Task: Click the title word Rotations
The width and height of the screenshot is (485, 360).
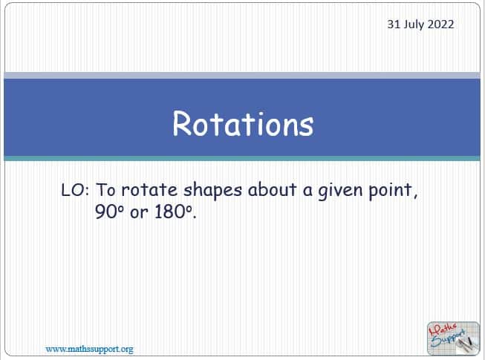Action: click(x=243, y=124)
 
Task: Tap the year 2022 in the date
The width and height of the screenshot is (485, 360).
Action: click(x=440, y=24)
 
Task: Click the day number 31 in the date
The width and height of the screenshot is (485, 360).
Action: click(x=394, y=24)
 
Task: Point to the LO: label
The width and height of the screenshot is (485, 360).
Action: click(x=76, y=190)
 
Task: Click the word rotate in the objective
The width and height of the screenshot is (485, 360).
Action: click(x=149, y=190)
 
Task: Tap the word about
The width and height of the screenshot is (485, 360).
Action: click(x=272, y=189)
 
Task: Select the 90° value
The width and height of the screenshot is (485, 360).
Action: click(x=109, y=212)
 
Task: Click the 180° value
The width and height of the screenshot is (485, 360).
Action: click(x=173, y=212)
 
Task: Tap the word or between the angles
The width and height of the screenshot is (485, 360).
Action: click(x=139, y=213)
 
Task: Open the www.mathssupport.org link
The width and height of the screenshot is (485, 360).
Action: click(x=89, y=349)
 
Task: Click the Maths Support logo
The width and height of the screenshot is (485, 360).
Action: click(x=453, y=338)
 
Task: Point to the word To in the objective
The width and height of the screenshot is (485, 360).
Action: click(x=105, y=190)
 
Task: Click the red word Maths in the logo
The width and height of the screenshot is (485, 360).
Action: click(x=443, y=330)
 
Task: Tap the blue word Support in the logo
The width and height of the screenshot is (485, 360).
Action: click(x=449, y=339)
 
